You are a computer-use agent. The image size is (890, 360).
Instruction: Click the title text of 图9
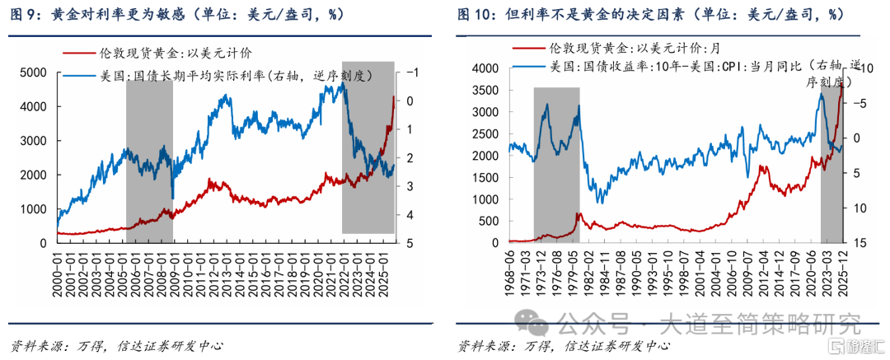(x=176, y=16)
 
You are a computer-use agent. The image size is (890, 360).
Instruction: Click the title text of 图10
(x=651, y=16)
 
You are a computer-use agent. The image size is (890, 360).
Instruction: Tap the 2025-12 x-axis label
(x=841, y=266)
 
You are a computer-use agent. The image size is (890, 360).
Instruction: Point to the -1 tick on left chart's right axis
(x=410, y=73)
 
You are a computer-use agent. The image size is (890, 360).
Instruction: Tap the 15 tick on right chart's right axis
(x=857, y=243)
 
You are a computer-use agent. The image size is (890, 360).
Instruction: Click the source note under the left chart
(x=115, y=345)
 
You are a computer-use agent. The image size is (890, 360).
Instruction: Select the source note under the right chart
(x=564, y=345)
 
